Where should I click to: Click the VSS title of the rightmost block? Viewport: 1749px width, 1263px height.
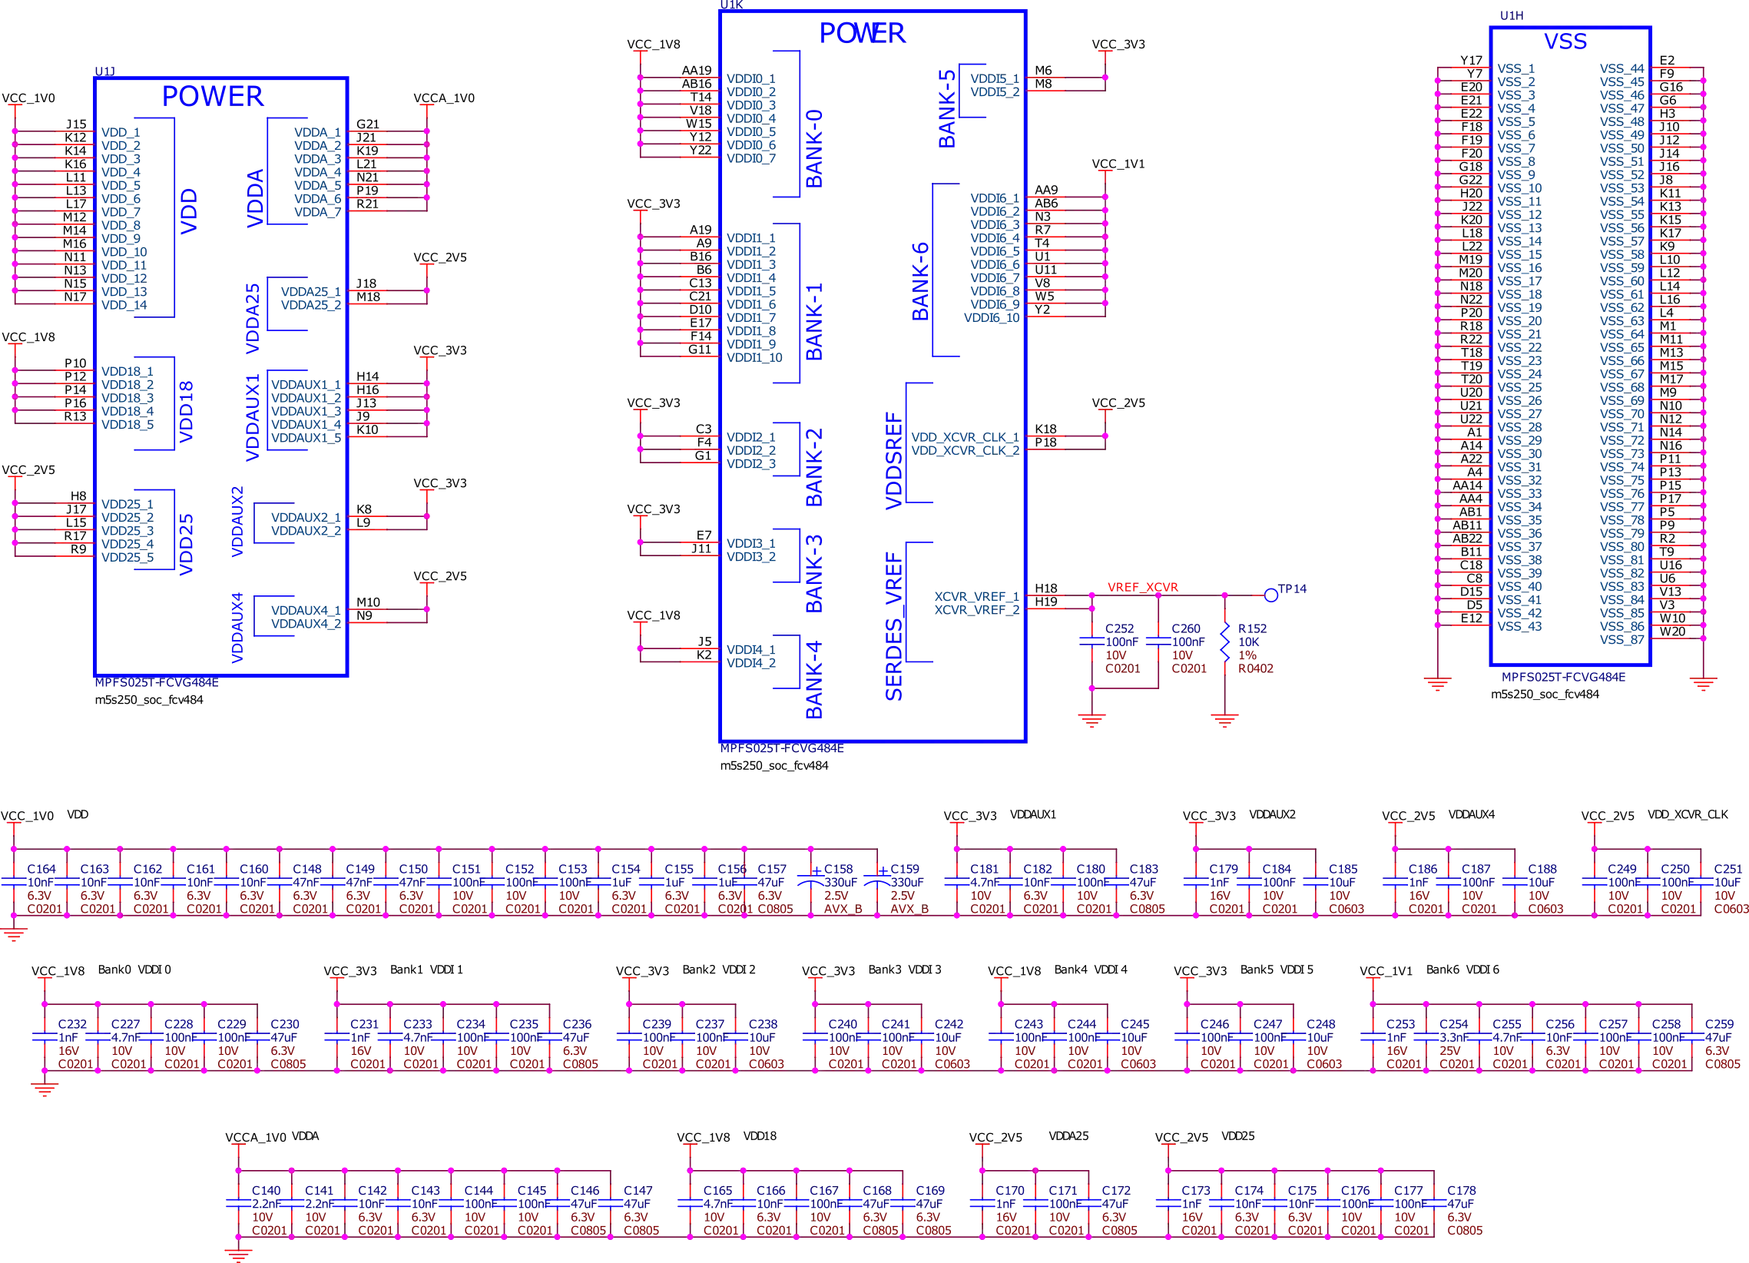[x=1566, y=40]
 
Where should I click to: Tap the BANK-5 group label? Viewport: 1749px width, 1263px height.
[x=947, y=108]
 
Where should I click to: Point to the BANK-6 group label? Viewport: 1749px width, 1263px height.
[x=921, y=280]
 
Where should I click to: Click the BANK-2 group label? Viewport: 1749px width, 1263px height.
[x=813, y=467]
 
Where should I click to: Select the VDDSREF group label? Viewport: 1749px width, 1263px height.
[x=895, y=459]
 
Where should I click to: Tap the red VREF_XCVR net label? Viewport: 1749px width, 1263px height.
[x=1142, y=587]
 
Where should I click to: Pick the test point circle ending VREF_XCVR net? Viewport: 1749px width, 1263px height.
[x=1272, y=595]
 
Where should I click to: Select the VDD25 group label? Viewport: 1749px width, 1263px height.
[x=186, y=545]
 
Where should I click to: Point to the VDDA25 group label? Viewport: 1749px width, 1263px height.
[x=254, y=320]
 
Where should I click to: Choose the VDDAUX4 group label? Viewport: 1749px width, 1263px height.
[x=237, y=626]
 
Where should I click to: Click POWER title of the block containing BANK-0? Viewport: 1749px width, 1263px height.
[x=862, y=32]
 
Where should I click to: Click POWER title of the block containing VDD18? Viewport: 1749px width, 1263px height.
[x=212, y=96]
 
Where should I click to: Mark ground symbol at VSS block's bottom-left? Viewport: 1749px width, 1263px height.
[x=1437, y=685]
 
